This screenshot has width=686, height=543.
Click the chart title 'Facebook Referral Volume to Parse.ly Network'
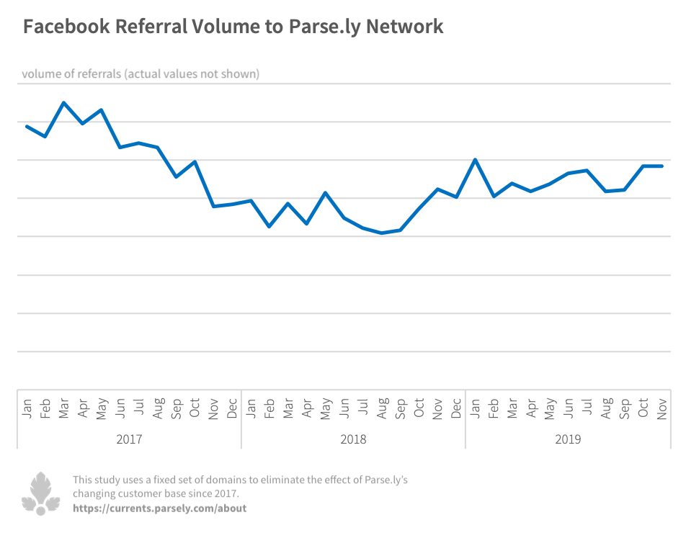point(233,27)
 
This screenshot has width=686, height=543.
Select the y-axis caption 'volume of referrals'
point(71,74)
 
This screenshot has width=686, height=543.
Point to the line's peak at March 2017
point(64,103)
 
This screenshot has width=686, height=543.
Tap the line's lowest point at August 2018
point(382,233)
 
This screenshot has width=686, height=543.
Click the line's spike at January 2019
point(476,160)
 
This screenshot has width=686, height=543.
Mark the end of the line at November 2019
point(661,166)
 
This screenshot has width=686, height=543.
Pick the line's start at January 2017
point(27,127)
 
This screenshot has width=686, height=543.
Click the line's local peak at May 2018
point(326,193)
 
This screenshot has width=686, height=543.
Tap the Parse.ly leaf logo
point(41,493)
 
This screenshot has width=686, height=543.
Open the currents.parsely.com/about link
point(159,508)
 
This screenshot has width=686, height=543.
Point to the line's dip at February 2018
point(269,226)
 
